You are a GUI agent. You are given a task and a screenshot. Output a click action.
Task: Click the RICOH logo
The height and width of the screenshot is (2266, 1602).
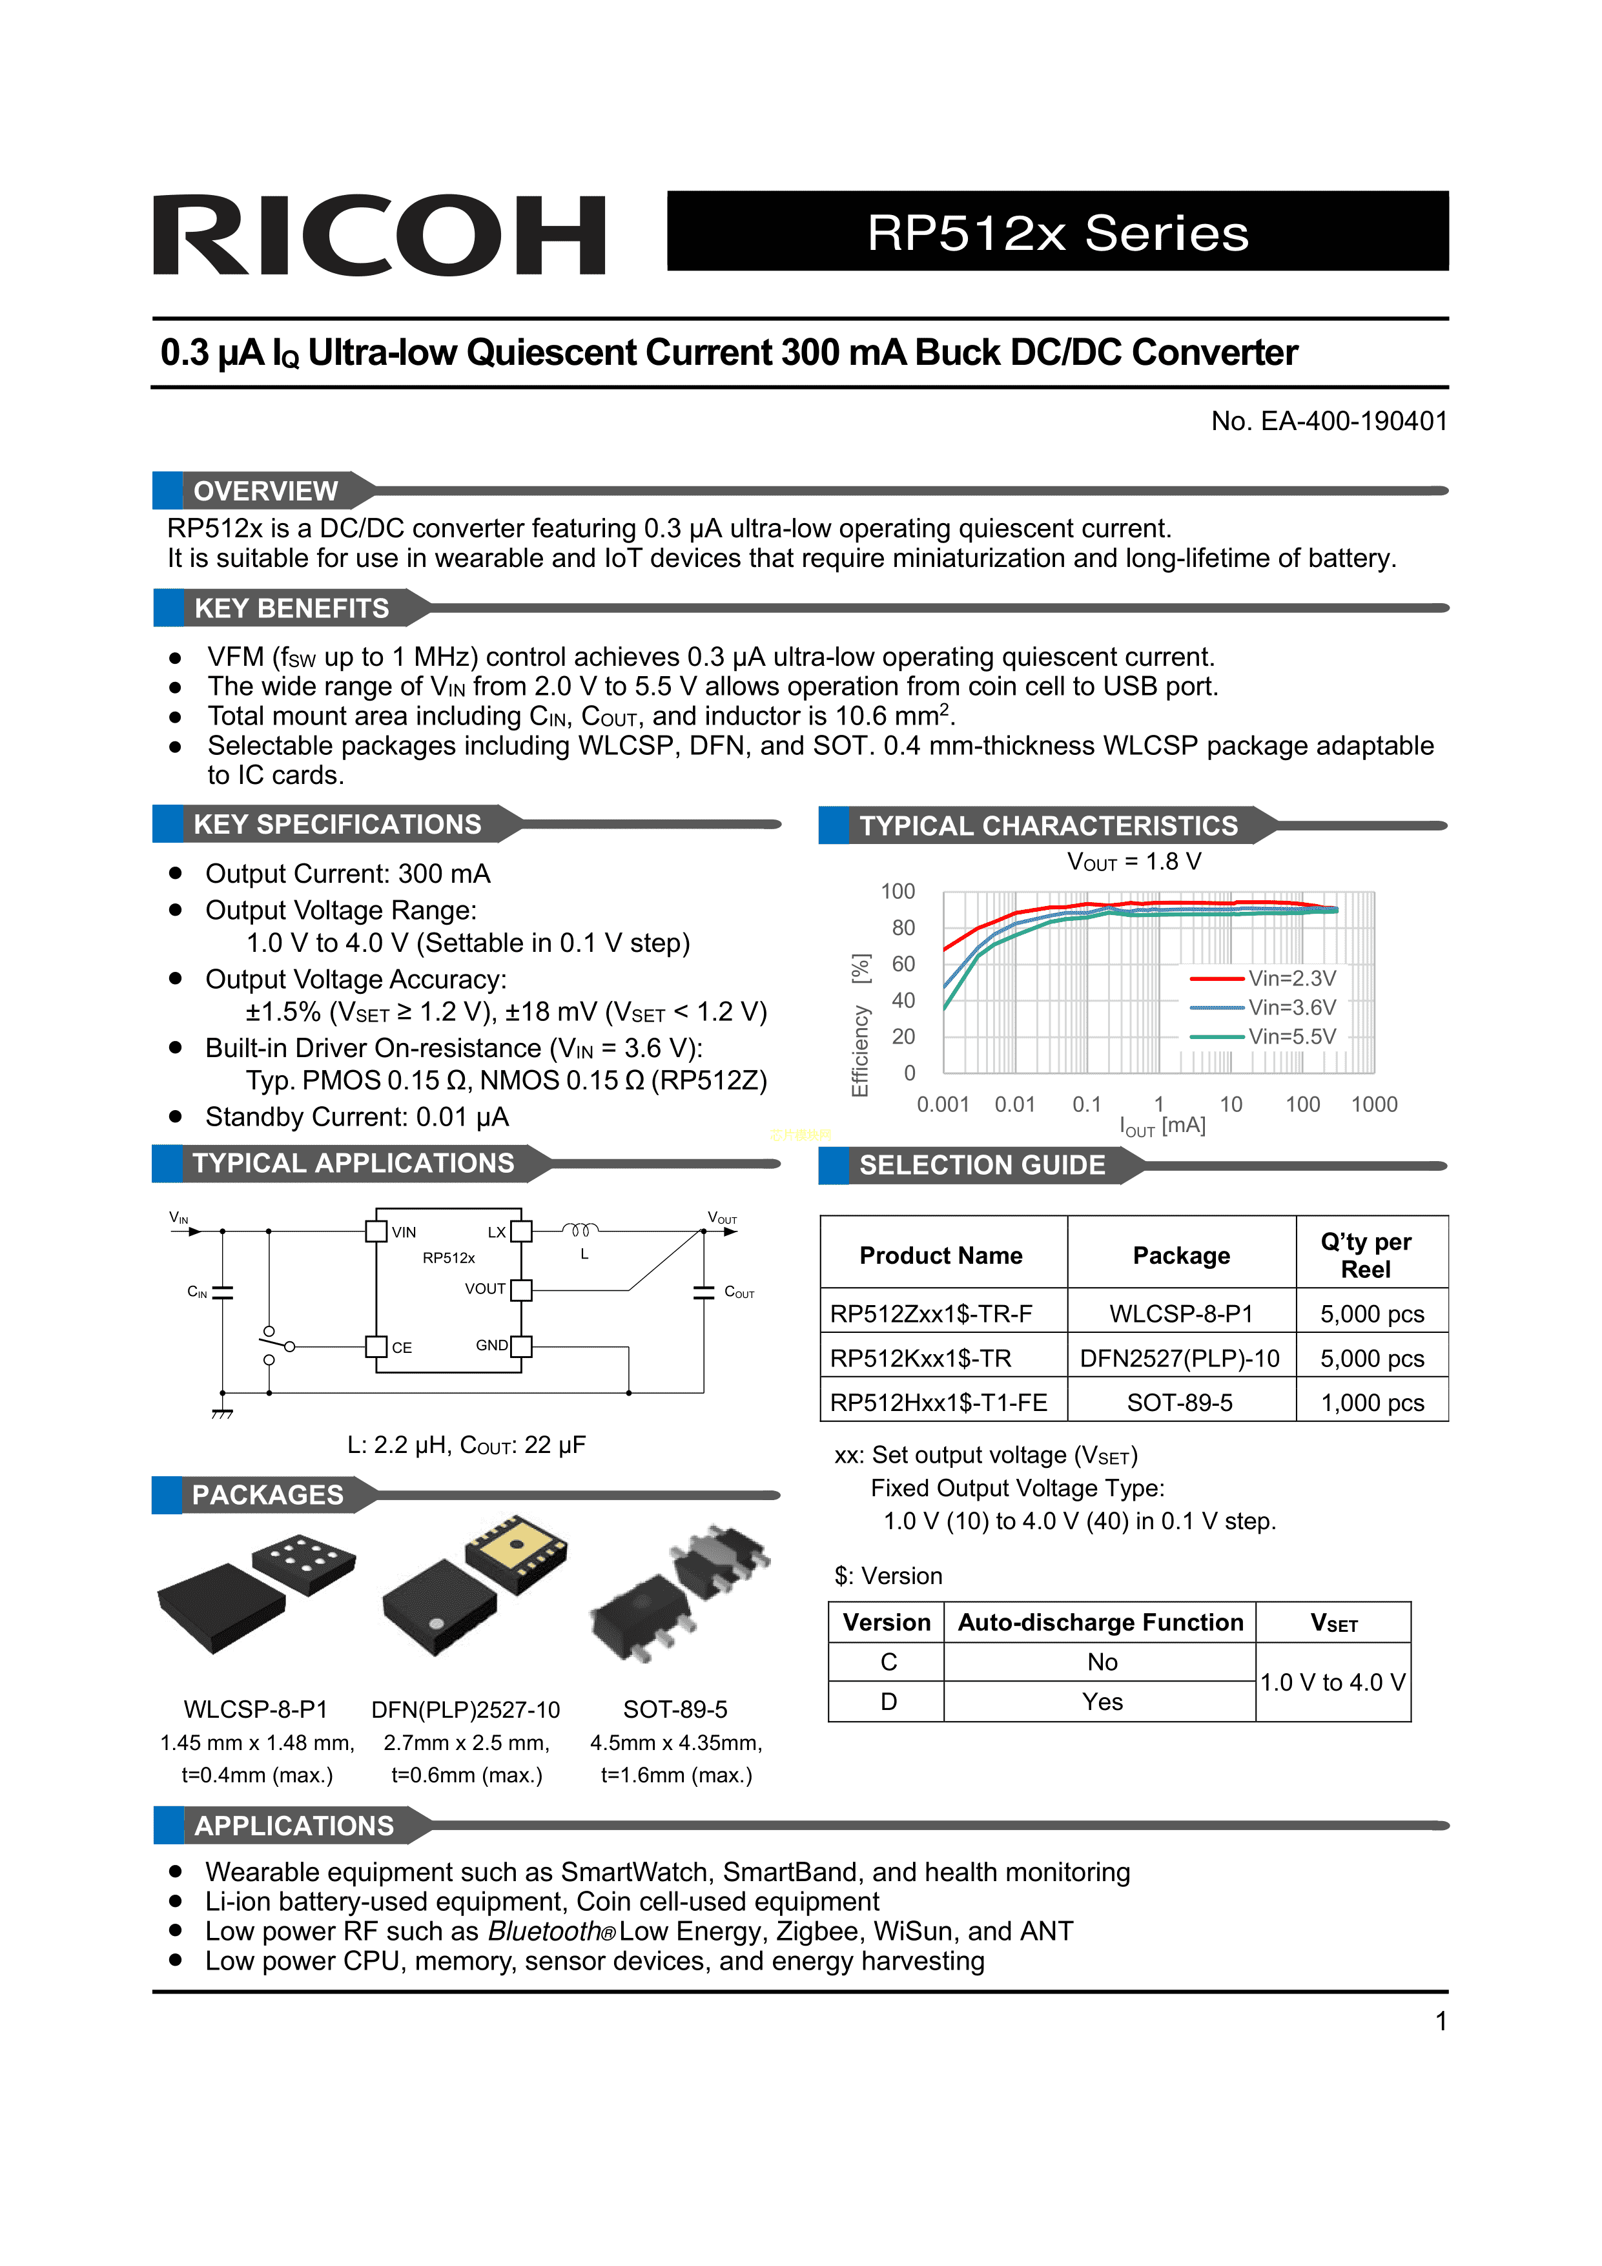pos(379,235)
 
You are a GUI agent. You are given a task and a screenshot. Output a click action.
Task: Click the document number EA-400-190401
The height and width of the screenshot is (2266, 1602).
pos(1329,422)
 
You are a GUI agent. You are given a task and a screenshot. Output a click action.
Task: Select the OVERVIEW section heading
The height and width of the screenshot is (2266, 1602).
pos(265,491)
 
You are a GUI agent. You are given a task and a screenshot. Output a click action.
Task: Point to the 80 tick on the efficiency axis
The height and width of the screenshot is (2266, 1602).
pos(903,928)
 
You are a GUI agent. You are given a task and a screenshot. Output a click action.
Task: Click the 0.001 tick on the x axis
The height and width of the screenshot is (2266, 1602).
pos(943,1104)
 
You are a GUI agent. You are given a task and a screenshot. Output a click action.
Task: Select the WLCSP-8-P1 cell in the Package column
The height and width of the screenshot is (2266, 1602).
pos(1180,1313)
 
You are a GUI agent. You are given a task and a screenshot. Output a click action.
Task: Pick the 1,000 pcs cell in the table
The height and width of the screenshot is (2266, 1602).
pos(1372,1403)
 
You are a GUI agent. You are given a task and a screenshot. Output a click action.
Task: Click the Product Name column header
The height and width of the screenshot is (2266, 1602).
pos(941,1255)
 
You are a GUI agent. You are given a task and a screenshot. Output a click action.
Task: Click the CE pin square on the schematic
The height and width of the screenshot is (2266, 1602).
pos(376,1346)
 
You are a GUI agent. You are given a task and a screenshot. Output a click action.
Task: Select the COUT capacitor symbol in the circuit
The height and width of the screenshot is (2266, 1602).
pos(704,1292)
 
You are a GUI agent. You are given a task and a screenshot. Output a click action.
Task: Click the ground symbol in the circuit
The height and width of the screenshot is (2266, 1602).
pos(222,1414)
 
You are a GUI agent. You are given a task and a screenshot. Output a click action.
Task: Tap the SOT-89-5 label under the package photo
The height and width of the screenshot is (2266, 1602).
pos(675,1709)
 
